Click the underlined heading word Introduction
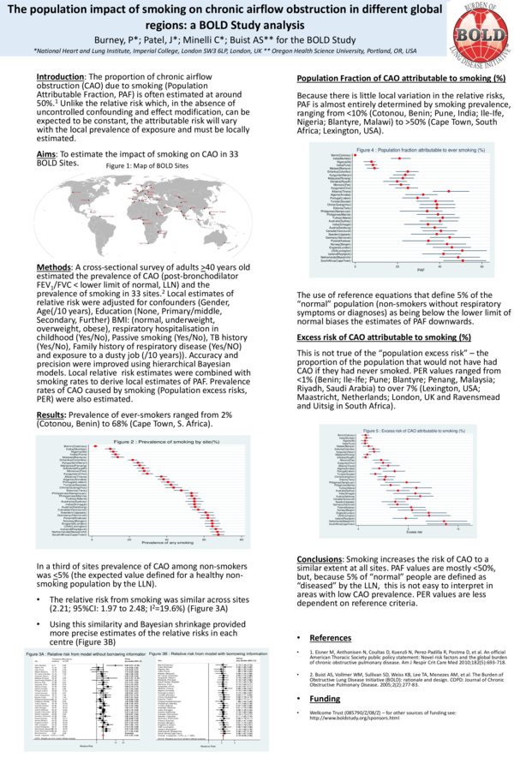pyautogui.click(x=59, y=77)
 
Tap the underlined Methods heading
pyautogui.click(x=53, y=267)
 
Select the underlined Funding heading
pyautogui.click(x=322, y=722)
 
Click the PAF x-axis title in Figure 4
pyautogui.click(x=397, y=271)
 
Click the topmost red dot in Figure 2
pyautogui.click(x=87, y=446)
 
